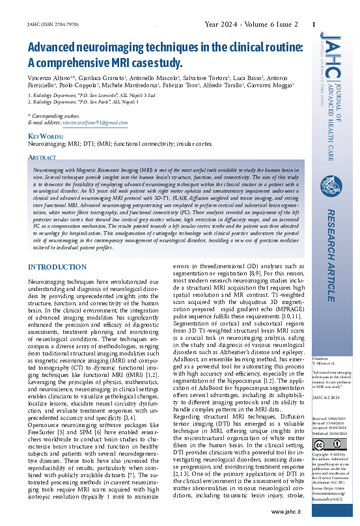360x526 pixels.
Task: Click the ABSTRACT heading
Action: click(x=43, y=158)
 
